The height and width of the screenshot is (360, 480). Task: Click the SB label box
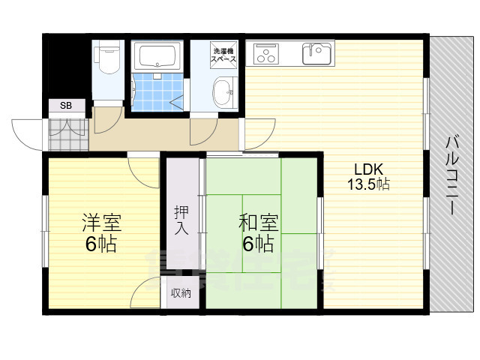click(x=67, y=106)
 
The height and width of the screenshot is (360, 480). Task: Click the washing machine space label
click(x=224, y=55)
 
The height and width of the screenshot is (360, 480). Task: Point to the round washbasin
click(x=223, y=91)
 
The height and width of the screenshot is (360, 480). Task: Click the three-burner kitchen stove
click(x=266, y=54)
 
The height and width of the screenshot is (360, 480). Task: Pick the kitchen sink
click(x=316, y=53)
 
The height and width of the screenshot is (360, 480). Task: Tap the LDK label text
click(x=368, y=169)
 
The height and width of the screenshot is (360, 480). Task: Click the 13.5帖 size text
click(x=368, y=184)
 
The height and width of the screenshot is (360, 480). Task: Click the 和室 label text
click(x=259, y=223)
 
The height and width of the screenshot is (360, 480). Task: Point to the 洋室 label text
click(x=102, y=223)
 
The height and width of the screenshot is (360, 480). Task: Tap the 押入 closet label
click(x=181, y=220)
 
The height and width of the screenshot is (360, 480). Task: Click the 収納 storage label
click(x=181, y=293)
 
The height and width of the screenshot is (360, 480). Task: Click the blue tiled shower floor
click(x=157, y=91)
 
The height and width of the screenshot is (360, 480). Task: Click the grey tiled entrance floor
click(x=68, y=135)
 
